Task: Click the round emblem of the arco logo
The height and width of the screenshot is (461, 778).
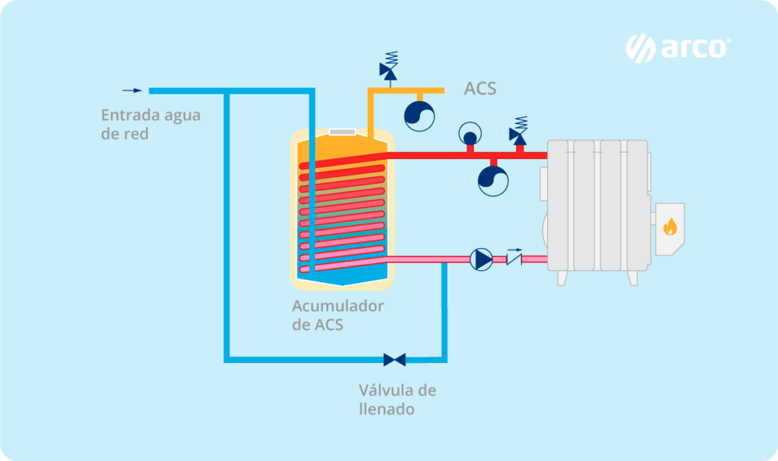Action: point(640,49)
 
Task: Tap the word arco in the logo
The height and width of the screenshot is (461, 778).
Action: point(693,49)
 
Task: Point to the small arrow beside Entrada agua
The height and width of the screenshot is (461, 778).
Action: point(132,91)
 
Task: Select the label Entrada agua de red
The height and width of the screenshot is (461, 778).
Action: point(150,125)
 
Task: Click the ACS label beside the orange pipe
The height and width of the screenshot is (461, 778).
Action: point(480,89)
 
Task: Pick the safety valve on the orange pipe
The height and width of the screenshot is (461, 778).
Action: point(390,66)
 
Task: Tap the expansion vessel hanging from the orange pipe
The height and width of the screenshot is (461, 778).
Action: point(418,115)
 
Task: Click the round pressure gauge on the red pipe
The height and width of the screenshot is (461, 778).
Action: point(470,135)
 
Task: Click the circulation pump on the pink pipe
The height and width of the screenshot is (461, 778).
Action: point(481,259)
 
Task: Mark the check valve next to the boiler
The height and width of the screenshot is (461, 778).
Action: point(514,260)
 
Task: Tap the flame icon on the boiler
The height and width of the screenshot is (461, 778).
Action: point(669,226)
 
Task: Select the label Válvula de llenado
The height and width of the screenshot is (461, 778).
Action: point(397,399)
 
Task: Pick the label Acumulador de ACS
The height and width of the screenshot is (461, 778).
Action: point(337,315)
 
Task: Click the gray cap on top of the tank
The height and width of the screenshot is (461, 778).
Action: point(342,132)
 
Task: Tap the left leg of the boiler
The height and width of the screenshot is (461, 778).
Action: point(562,278)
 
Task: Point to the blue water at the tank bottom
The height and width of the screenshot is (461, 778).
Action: point(342,275)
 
